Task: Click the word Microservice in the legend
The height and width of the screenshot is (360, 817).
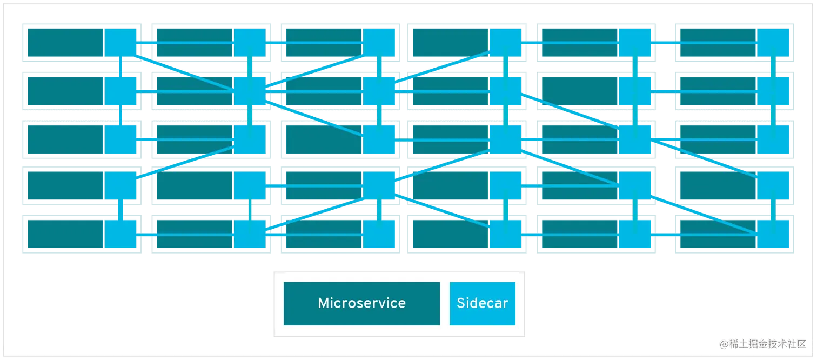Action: pos(361,303)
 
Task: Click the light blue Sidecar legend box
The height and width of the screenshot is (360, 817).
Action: pos(482,303)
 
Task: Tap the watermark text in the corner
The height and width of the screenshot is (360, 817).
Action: pos(762,343)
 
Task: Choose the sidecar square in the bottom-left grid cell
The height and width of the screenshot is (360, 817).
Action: pos(120,234)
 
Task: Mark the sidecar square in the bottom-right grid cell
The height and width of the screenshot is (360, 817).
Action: pos(773,234)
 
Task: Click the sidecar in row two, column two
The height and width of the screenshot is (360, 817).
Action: pos(249,91)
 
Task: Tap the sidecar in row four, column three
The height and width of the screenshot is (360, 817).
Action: pos(379,185)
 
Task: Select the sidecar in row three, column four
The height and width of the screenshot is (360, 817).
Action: pos(505,139)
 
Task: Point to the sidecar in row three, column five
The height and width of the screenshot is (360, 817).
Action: pos(635,139)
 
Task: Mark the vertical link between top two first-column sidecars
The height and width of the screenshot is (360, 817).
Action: pos(120,66)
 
